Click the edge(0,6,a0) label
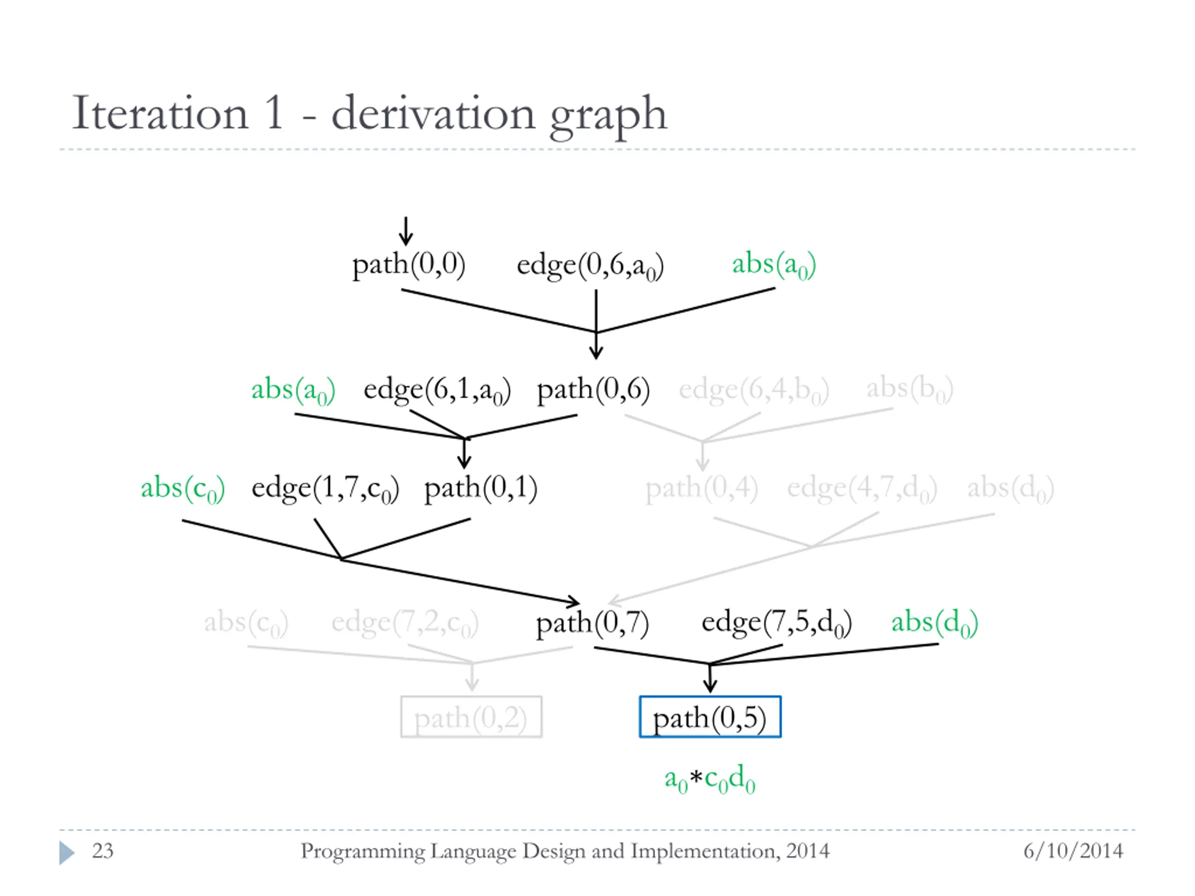coord(590,266)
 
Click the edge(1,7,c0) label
coord(325,489)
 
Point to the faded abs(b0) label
coord(909,389)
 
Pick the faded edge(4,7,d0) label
coord(862,489)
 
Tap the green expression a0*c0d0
coord(710,779)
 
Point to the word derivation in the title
coord(433,113)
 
